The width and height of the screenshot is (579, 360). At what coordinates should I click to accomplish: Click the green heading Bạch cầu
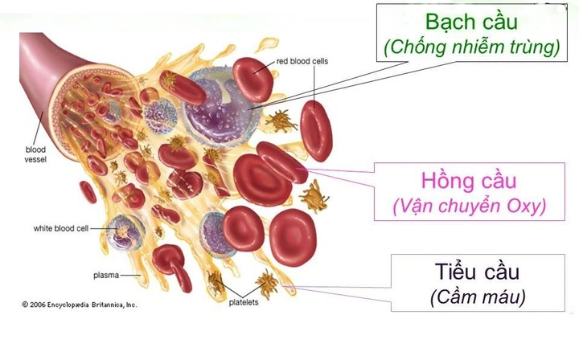pos(471,22)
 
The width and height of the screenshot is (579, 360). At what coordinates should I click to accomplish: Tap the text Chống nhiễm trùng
pos(471,47)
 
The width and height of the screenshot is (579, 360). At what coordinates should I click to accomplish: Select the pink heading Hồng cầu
pos(469,181)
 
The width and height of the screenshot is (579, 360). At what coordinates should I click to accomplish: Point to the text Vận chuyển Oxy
pos(470,207)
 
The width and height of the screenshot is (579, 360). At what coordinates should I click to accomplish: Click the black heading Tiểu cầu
pos(477,272)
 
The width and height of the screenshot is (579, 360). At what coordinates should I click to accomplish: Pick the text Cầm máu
pos(478,297)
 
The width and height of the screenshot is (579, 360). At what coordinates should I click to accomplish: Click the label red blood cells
pos(302,61)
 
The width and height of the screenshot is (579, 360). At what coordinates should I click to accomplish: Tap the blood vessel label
pos(35,154)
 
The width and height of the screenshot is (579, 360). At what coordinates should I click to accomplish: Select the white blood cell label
pos(61,228)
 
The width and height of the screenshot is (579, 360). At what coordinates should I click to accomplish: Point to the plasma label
pos(106,275)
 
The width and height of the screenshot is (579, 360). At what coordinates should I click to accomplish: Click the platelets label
pos(244,302)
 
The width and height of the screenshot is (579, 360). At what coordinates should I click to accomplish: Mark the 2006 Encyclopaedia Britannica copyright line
pos(79,305)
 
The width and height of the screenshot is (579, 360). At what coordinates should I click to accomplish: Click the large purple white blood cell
pos(222,107)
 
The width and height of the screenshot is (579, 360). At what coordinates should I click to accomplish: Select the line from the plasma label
pos(131,275)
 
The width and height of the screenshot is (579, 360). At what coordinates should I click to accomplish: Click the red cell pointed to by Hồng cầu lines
pos(281,162)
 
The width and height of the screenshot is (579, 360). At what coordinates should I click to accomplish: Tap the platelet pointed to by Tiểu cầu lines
pos(268,284)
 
